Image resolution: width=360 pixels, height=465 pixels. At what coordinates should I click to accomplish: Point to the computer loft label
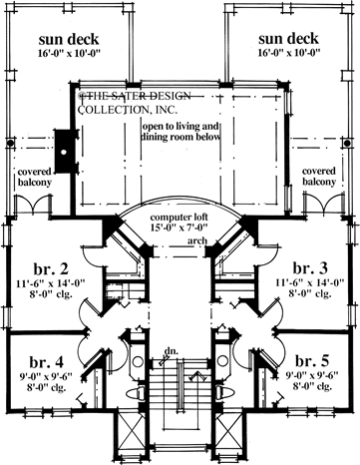click(x=180, y=223)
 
